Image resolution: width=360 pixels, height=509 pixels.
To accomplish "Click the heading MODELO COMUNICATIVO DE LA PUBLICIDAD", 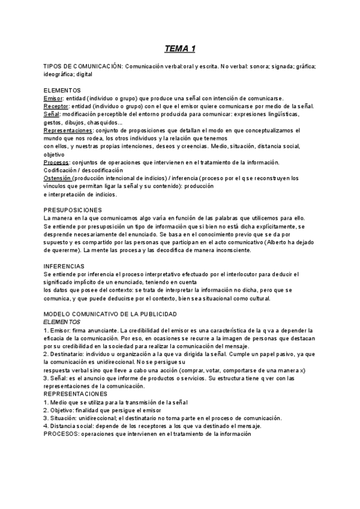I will click(x=110, y=314).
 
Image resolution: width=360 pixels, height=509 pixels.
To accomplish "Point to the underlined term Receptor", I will click(x=56, y=106).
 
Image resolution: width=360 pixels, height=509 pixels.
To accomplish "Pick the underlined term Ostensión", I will click(x=58, y=178).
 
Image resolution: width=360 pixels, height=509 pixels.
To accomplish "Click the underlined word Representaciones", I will click(x=68, y=130).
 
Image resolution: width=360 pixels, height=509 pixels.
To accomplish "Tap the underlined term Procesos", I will click(x=56, y=162).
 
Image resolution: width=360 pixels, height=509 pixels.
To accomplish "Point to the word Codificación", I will click(x=62, y=170).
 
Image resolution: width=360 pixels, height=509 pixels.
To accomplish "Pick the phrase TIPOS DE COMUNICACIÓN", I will click(x=83, y=66).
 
